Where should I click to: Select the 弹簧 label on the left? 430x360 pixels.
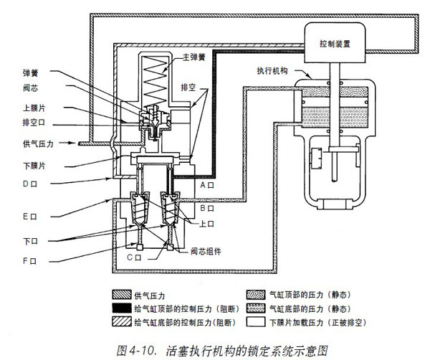(x=31, y=73)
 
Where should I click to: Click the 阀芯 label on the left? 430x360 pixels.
(x=31, y=90)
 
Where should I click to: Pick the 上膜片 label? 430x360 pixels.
(x=33, y=108)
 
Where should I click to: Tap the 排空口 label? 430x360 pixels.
(x=33, y=123)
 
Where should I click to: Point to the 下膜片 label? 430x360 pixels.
(x=33, y=166)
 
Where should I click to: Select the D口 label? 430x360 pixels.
(x=30, y=184)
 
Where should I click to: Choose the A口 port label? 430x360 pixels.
(x=207, y=185)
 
